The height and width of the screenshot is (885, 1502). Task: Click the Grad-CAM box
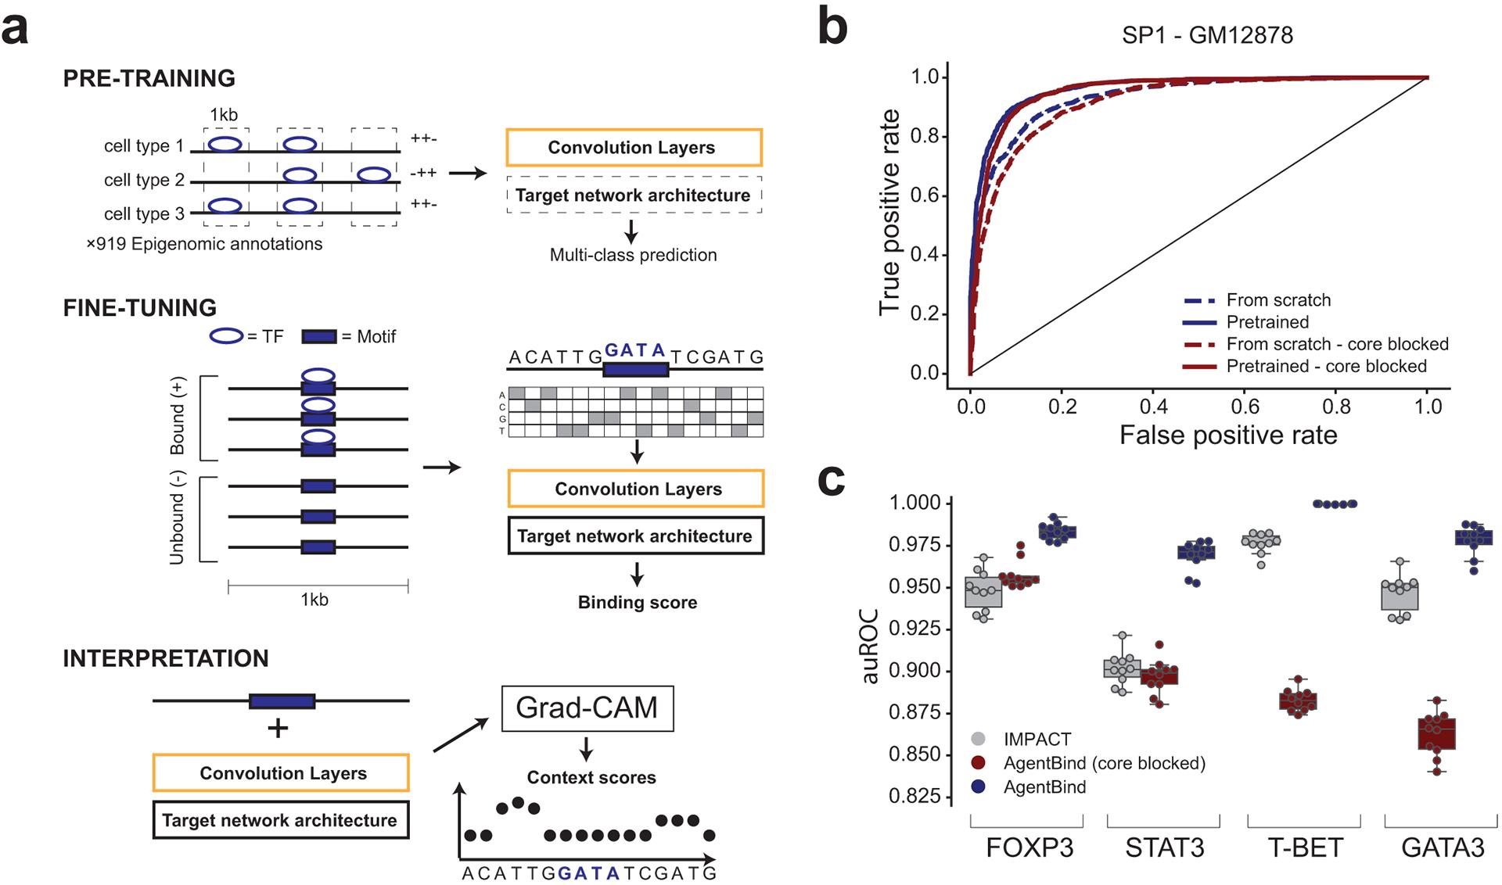tap(587, 708)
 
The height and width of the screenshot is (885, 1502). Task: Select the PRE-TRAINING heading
tap(149, 78)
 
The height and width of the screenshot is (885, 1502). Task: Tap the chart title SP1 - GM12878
tap(1207, 35)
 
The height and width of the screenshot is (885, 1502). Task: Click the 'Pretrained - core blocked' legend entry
tap(1326, 366)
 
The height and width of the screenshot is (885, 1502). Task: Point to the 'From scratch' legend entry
tap(1278, 300)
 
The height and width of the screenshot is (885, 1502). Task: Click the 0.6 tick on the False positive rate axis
tap(1245, 407)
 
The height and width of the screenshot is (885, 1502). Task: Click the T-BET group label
tap(1305, 847)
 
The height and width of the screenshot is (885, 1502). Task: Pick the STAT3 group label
tap(1164, 847)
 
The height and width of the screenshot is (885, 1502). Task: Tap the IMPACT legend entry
tap(1037, 739)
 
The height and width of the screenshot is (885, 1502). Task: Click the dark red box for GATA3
tap(1436, 733)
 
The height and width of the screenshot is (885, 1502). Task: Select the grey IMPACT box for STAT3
tap(1122, 668)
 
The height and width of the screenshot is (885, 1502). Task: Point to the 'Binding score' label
tap(638, 603)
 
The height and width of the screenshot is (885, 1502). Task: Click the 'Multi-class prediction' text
tap(633, 255)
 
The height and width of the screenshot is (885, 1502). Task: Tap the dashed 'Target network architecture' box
tap(633, 195)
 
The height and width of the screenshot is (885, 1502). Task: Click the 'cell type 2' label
tap(144, 180)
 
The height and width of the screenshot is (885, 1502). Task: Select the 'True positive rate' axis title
tap(889, 212)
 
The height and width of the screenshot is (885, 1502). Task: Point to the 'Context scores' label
tap(591, 777)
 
